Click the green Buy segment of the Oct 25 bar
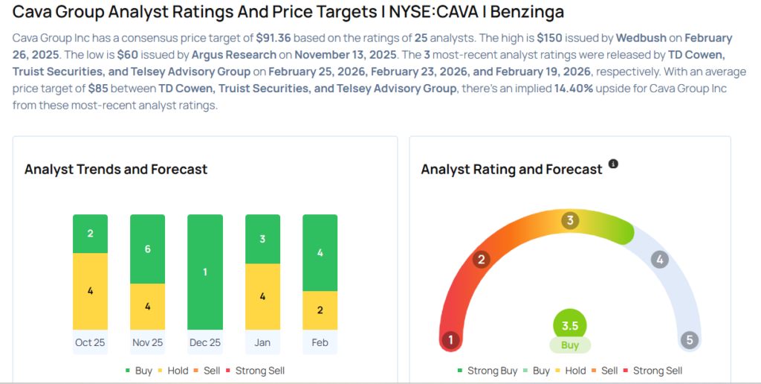coord(90,234)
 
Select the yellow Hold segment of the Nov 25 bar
coord(147,306)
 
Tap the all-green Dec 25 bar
coord(205,272)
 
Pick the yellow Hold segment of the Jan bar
coord(262,296)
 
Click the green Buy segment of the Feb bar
coord(320,252)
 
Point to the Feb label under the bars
coord(320,342)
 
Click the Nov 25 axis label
coord(147,342)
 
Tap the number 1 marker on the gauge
coord(450,340)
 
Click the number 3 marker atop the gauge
coord(570,220)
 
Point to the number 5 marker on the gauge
coord(689,340)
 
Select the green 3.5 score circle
coord(570,325)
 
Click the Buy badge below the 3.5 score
coord(570,345)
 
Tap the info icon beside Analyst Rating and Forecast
coord(613,164)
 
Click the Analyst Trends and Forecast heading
coord(116,170)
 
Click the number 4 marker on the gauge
coord(658,260)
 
